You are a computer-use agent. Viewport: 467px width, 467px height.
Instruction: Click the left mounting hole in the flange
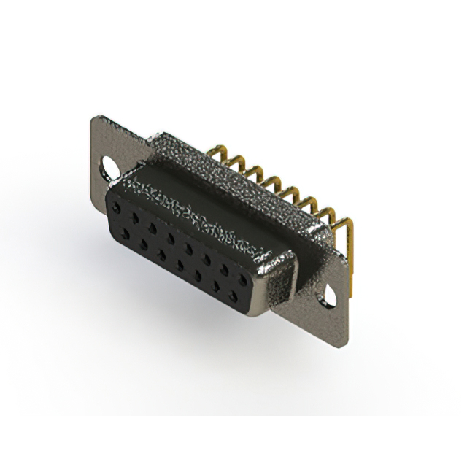pyautogui.click(x=110, y=167)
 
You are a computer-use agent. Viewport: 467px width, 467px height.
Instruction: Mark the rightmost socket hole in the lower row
pyautogui.click(x=233, y=296)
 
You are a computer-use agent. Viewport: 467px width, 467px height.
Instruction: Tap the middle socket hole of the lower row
pyautogui.click(x=178, y=264)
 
